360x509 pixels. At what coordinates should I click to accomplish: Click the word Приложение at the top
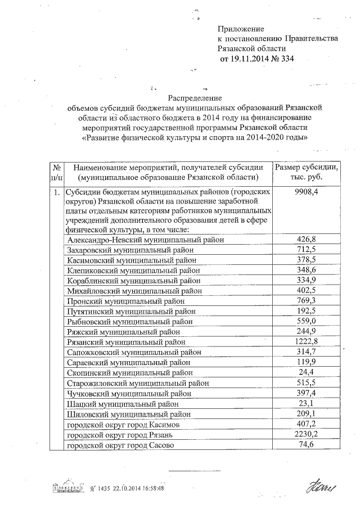tap(241, 28)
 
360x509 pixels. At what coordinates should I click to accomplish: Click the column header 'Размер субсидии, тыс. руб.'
tap(306, 172)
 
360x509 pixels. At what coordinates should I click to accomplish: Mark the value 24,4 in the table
tap(306, 372)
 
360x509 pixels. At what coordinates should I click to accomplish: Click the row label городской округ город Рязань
tap(123, 435)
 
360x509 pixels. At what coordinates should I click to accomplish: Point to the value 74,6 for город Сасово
tap(306, 445)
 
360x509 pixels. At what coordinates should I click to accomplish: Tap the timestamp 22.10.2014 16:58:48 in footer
tap(138, 488)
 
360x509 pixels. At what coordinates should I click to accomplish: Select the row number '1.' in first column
tap(56, 192)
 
